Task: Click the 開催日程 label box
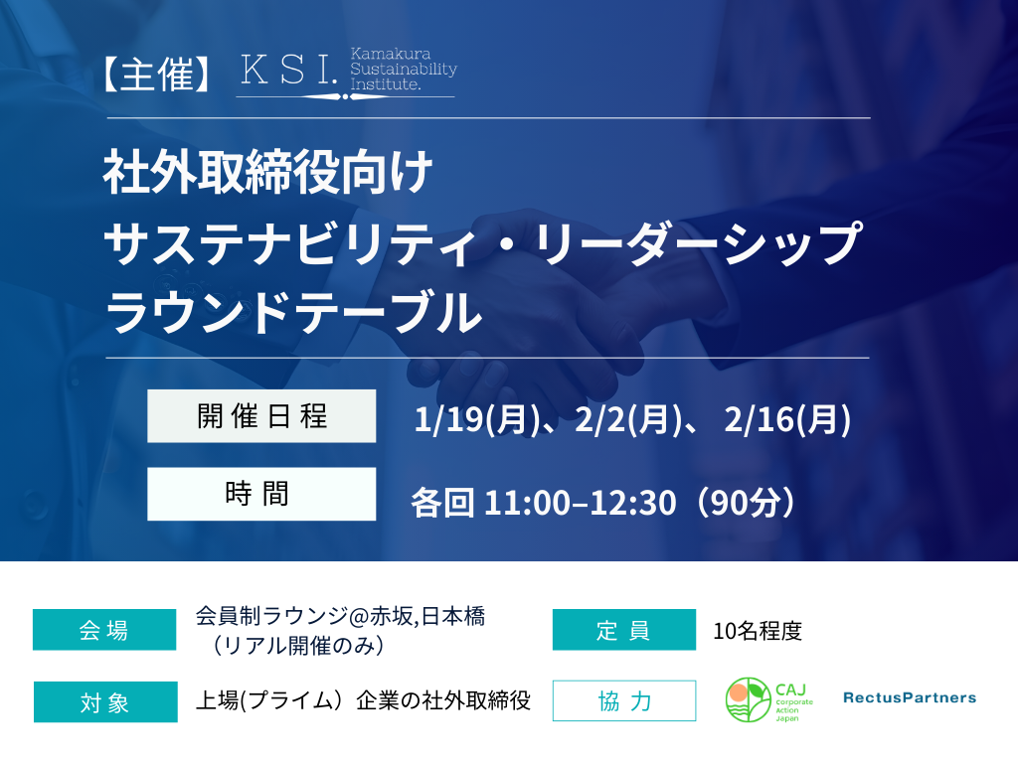pos(261,416)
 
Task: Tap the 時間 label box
pos(261,494)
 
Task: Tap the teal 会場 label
pos(104,630)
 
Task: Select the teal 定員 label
pos(623,630)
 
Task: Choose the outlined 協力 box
pos(623,700)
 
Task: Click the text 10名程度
pos(758,631)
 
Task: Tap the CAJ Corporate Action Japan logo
pos(766,700)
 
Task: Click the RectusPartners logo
pos(909,697)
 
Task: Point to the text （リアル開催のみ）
pos(298,645)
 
